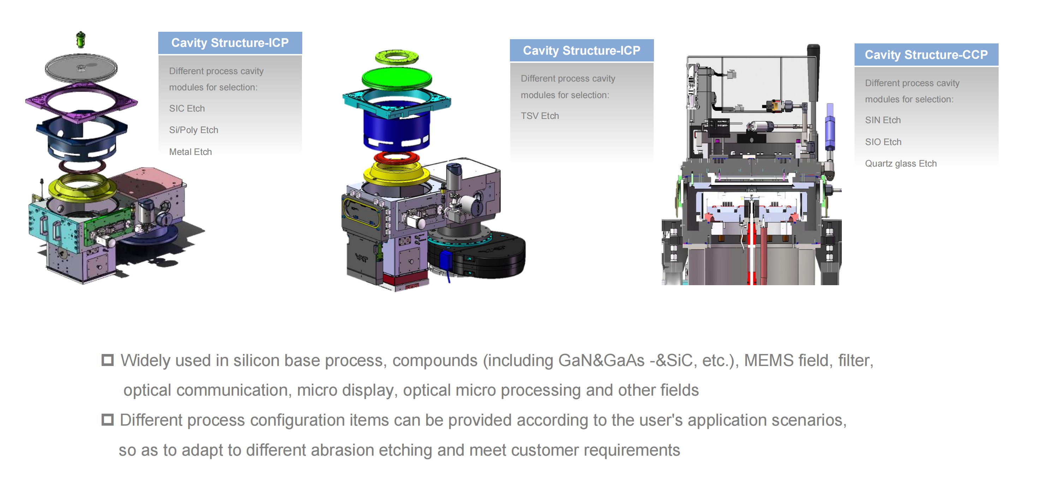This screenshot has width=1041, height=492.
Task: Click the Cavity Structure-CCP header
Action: coord(926,55)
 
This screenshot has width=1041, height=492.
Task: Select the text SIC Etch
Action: coord(187,108)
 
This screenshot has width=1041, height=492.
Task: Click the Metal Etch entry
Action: coord(190,152)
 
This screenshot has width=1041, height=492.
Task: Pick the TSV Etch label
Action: coord(540,116)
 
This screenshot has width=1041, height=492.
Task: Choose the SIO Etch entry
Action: coord(883,142)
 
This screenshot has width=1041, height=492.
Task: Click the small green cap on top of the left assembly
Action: coord(81,40)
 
